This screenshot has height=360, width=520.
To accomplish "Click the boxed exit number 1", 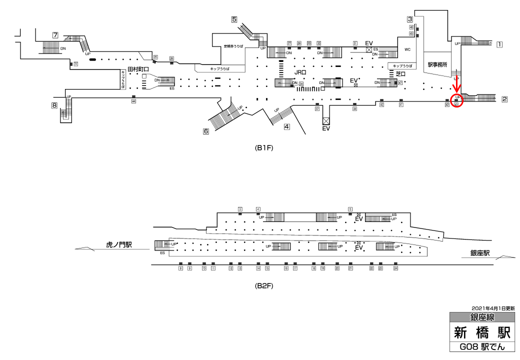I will (x=499, y=44).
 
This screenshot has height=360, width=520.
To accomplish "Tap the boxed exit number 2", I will (x=504, y=98).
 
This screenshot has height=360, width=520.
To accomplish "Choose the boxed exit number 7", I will (x=55, y=35).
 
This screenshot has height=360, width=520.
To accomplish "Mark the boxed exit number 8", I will (x=54, y=105).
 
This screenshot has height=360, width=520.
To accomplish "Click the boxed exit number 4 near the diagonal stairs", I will (x=286, y=126).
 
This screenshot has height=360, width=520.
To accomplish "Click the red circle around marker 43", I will (x=457, y=100).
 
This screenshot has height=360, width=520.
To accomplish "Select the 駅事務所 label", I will (x=437, y=65).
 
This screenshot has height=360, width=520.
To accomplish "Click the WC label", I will (x=407, y=49).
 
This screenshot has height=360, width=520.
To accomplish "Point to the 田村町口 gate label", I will (x=138, y=69).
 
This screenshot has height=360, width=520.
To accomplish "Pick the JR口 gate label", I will (x=300, y=72).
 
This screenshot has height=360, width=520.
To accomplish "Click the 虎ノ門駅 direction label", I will (x=118, y=245).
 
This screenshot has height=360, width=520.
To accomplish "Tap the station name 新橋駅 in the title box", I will (x=482, y=332).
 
